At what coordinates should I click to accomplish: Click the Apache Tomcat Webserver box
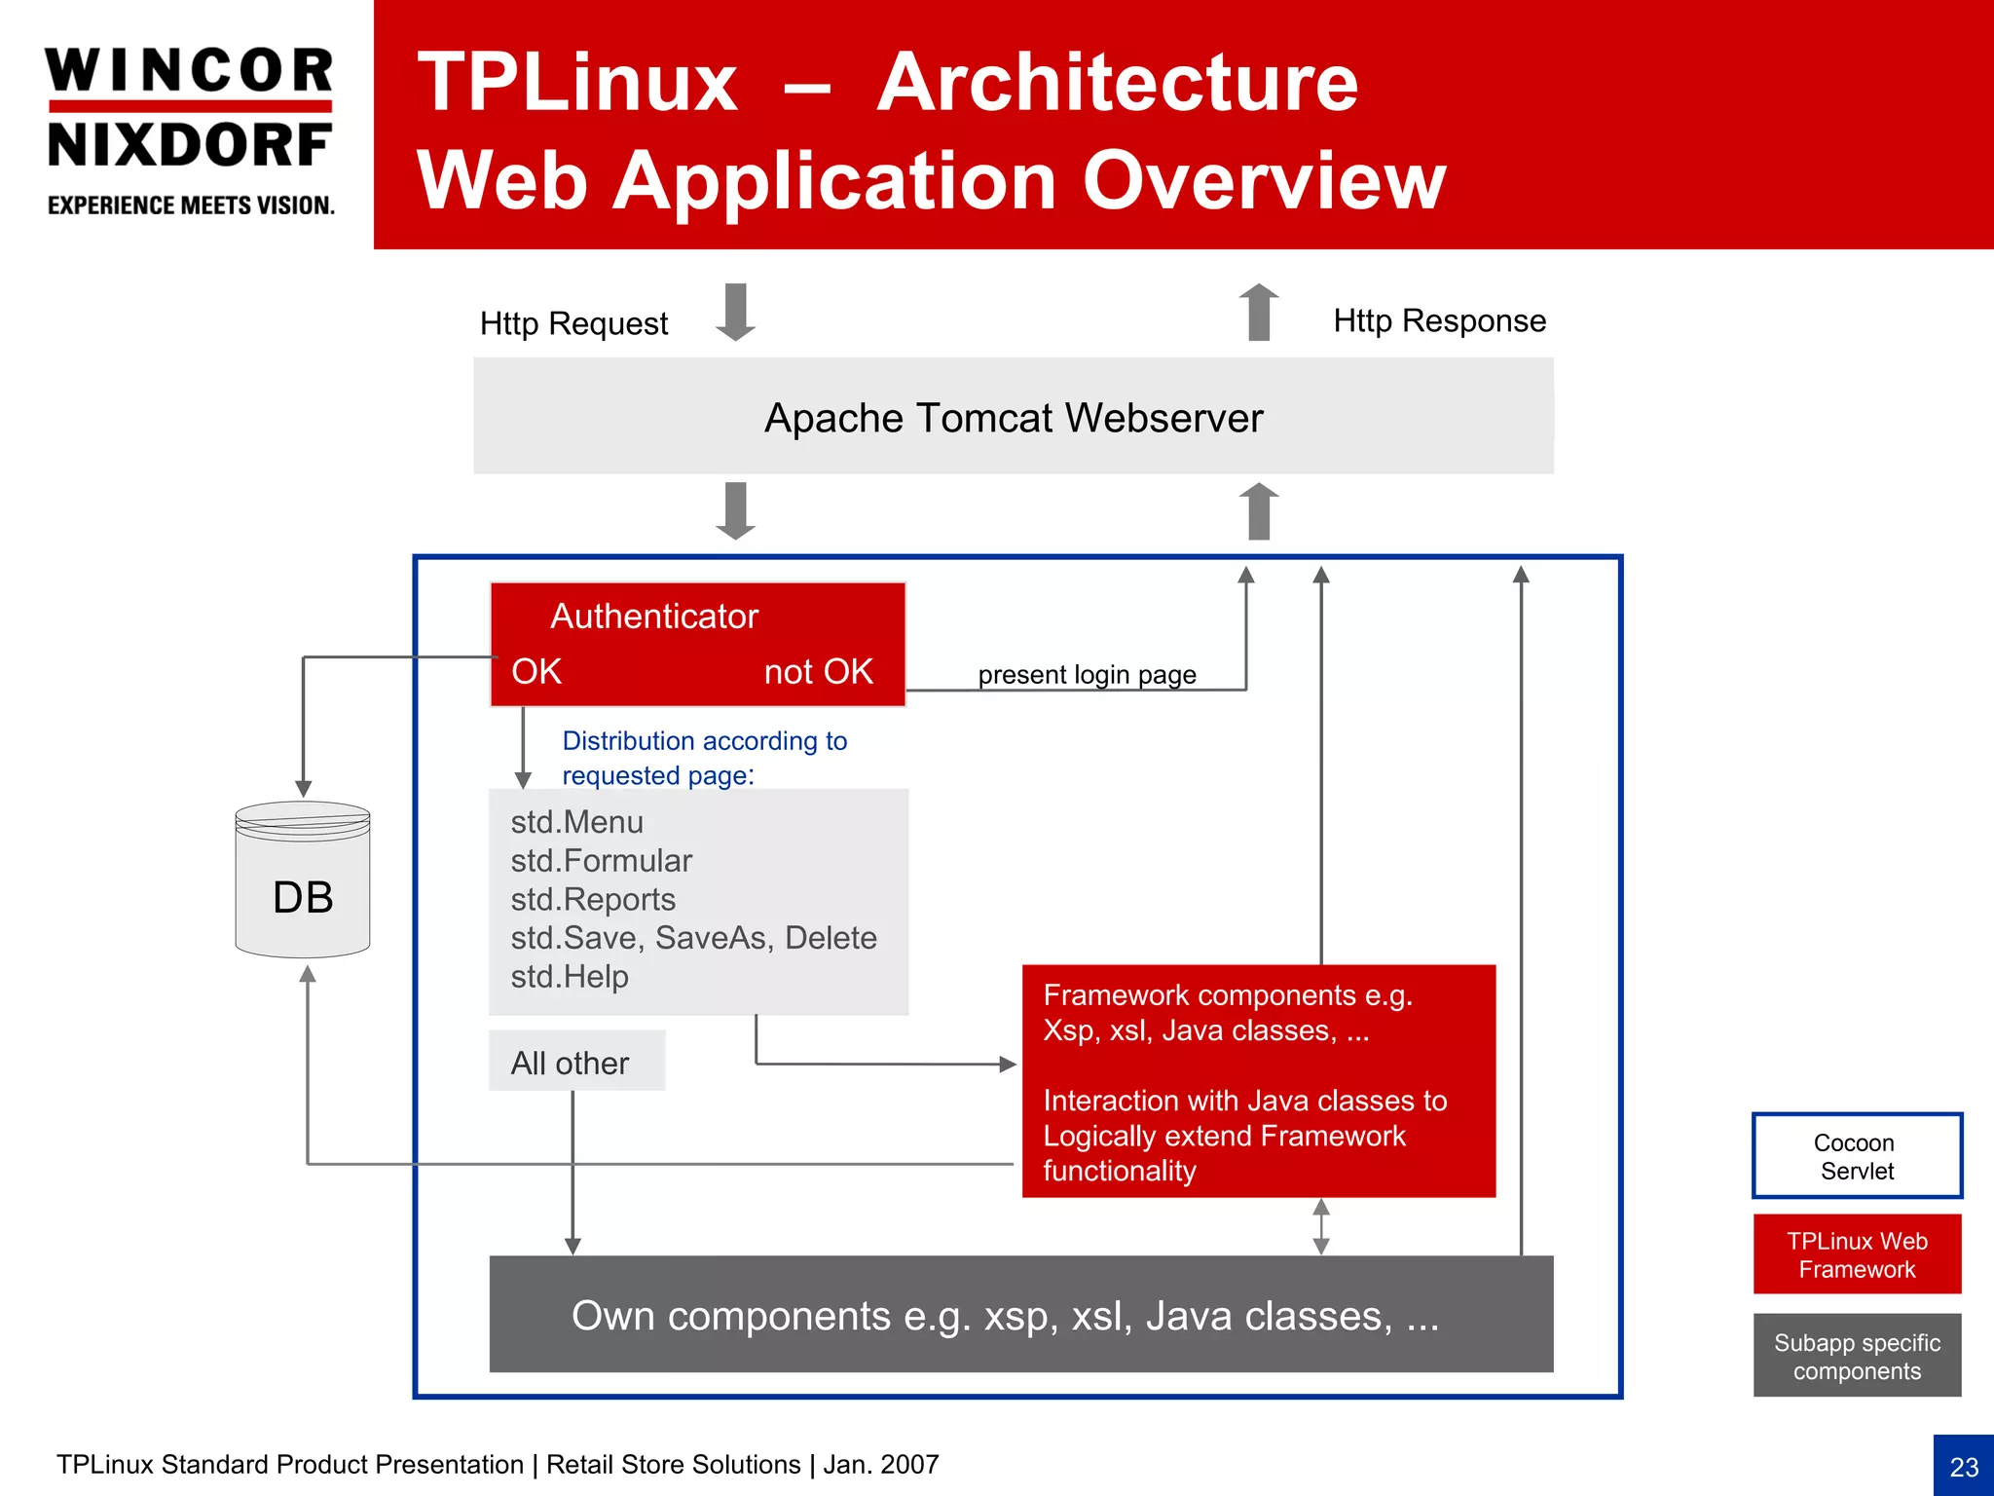point(1013,417)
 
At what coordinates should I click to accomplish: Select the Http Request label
point(573,323)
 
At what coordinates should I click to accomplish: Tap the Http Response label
point(1439,320)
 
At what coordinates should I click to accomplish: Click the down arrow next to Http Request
point(735,312)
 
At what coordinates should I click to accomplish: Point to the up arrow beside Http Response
point(1259,312)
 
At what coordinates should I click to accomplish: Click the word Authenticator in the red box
point(653,617)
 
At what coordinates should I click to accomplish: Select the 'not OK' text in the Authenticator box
point(818,672)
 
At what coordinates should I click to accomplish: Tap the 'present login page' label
point(1087,674)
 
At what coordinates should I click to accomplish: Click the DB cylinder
point(303,881)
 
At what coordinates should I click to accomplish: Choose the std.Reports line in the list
point(592,899)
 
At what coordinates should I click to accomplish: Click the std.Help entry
point(570,976)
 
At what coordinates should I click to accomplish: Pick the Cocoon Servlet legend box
point(1857,1156)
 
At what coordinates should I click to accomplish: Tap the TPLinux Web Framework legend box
point(1857,1254)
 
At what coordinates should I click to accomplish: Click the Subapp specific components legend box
point(1857,1356)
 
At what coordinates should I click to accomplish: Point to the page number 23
point(1964,1467)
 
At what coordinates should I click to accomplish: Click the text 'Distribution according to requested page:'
point(704,758)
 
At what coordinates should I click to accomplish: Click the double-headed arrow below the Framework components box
point(1321,1226)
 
